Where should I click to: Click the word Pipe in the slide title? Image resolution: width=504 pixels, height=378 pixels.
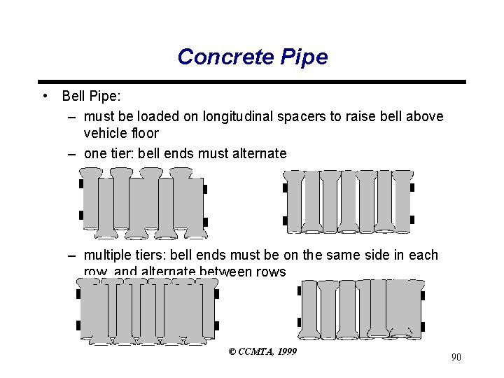point(302,57)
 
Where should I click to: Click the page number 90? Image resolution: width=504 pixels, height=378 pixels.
point(456,358)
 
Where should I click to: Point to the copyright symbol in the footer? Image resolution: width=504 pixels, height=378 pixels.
point(232,351)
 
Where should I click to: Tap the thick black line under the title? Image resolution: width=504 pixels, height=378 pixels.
point(251,81)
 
